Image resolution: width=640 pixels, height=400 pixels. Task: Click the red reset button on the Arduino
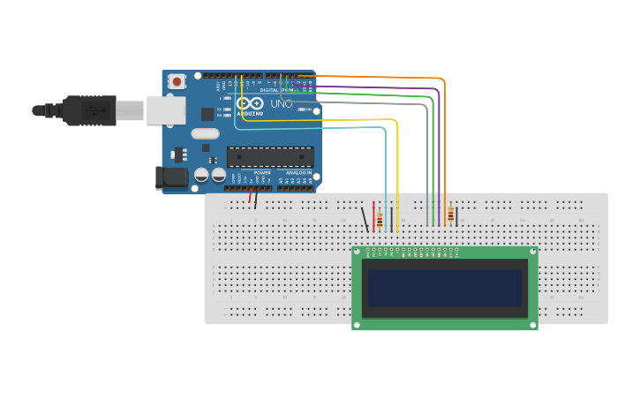(x=177, y=81)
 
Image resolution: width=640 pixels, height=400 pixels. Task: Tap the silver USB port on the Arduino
(x=165, y=110)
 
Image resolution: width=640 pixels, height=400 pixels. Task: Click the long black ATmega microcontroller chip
(x=270, y=157)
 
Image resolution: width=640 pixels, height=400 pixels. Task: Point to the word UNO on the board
(x=281, y=103)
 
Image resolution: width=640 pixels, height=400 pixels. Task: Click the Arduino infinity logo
(x=250, y=103)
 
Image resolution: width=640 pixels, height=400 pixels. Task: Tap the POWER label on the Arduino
(x=262, y=172)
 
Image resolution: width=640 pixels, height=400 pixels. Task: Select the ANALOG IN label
(x=297, y=172)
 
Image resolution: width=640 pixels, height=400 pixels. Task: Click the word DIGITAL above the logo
(x=269, y=90)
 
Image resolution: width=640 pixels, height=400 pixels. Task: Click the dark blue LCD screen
(x=444, y=288)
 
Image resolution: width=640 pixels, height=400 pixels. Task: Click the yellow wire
(x=397, y=168)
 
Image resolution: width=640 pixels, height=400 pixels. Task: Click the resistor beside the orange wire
(x=450, y=215)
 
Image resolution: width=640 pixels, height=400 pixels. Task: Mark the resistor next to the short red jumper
(x=380, y=219)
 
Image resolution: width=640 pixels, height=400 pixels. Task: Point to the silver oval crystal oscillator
(x=204, y=134)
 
